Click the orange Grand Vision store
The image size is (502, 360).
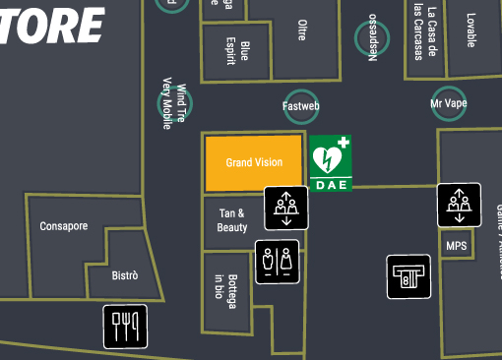[253, 162]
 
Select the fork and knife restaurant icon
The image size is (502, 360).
[126, 326]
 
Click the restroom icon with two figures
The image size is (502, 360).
[277, 262]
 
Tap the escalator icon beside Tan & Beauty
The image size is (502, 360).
[286, 209]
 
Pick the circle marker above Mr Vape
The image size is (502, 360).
[449, 102]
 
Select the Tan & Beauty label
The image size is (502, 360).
[232, 220]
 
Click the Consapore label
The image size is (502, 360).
[64, 226]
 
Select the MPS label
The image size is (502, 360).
[456, 246]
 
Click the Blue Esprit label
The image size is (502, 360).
[238, 51]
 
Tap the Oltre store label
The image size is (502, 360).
[301, 30]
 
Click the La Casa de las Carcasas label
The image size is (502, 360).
[425, 33]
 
